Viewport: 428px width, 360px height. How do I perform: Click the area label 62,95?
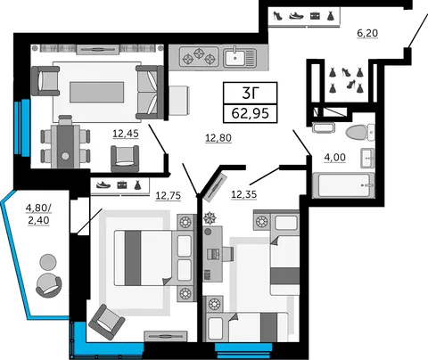click(251, 113)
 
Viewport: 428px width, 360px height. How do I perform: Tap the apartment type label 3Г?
click(251, 93)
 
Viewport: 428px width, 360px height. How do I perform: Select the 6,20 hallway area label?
click(367, 33)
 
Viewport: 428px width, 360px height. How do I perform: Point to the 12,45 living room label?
click(126, 134)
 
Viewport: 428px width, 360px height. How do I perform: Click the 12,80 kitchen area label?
click(218, 138)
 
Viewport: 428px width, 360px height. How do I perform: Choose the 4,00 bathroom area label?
click(335, 157)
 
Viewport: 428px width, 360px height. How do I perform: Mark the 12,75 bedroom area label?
click(169, 195)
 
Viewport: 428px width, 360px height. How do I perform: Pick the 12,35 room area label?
click(243, 194)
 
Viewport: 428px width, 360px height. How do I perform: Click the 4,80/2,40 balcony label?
click(38, 214)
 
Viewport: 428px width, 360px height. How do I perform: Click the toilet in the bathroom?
click(360, 132)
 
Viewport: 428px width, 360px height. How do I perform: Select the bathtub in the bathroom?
click(343, 185)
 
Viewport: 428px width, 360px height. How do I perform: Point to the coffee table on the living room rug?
click(97, 92)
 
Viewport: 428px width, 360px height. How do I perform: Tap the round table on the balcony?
click(48, 262)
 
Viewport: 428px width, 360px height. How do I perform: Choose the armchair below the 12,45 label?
click(125, 158)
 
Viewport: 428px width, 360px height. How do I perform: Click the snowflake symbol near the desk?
click(210, 217)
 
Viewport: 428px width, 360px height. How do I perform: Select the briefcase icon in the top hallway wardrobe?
click(315, 15)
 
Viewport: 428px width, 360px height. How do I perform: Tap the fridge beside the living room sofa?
click(179, 101)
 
